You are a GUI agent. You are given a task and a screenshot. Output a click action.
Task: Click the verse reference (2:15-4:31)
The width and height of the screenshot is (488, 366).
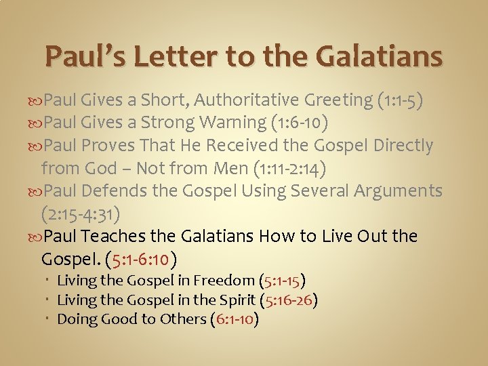(81, 214)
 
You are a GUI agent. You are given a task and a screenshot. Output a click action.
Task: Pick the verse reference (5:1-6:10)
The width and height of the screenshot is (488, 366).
(143, 260)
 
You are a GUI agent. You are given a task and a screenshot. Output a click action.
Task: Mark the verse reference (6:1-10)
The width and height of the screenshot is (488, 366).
(235, 319)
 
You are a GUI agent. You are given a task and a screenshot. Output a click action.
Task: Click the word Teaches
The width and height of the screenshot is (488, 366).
(117, 237)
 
